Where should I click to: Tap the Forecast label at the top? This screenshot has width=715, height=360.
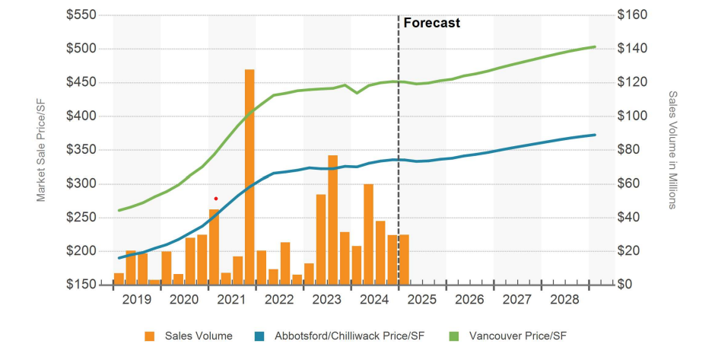(431, 23)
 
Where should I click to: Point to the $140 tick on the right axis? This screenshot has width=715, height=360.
(631, 49)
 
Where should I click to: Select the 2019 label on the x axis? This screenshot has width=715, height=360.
(137, 300)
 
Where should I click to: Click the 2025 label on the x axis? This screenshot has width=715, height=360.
(422, 300)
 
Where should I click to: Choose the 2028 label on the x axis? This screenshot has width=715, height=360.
(564, 300)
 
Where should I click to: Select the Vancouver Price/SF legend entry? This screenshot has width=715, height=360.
(518, 336)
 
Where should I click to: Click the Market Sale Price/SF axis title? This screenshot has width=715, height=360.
(42, 150)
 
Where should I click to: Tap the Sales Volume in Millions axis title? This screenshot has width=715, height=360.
(672, 150)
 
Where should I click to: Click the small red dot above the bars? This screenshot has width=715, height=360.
(216, 199)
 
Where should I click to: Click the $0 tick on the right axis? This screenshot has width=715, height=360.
(625, 285)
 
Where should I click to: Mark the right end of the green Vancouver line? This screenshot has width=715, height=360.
(595, 47)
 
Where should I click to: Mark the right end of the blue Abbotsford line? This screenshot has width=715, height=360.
(595, 135)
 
